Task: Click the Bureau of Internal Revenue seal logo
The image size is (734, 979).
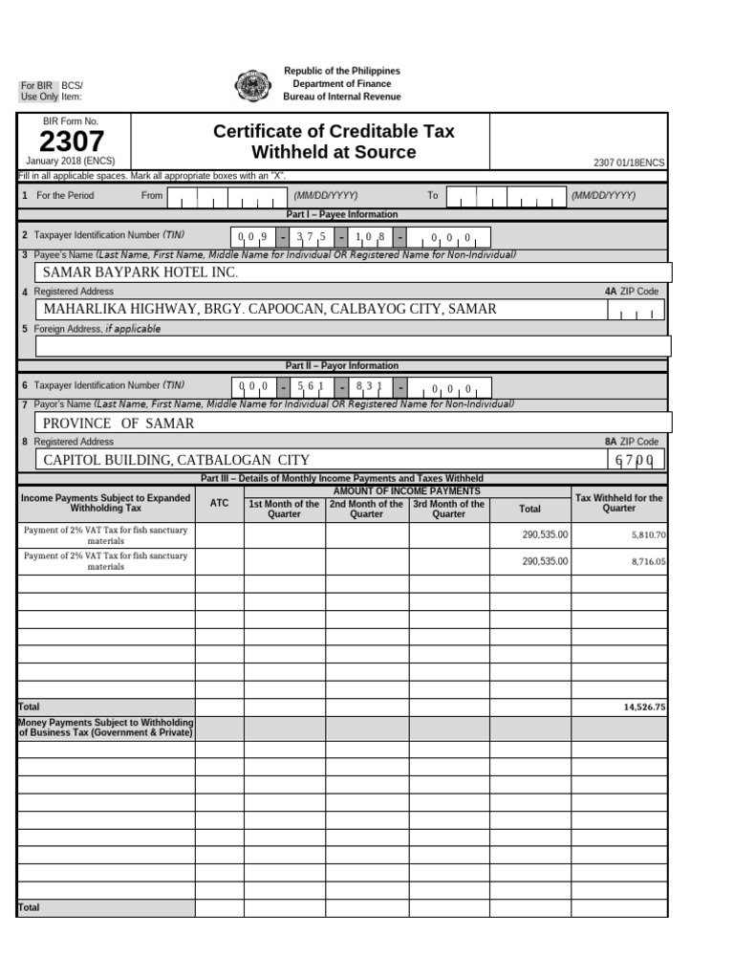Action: pos(253,85)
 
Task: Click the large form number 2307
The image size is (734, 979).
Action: pos(72,142)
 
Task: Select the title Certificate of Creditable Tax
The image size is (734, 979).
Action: pos(334,131)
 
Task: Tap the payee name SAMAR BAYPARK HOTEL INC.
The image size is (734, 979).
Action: pos(140,272)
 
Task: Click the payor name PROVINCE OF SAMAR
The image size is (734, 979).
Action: pos(119,423)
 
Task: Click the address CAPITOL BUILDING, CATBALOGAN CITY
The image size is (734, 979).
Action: pos(177,460)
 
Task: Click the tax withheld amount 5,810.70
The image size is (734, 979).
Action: pos(648,535)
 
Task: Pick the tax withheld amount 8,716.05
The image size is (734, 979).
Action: pos(648,561)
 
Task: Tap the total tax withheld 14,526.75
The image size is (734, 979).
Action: pos(643,707)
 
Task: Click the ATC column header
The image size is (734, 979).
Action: pos(219,503)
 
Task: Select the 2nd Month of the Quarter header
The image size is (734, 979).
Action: pos(366,509)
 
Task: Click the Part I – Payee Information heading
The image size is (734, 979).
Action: pos(342,214)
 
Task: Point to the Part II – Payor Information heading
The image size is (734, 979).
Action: pos(342,365)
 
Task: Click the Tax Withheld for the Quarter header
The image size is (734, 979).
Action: pos(618,503)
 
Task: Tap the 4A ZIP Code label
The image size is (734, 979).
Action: pos(631,291)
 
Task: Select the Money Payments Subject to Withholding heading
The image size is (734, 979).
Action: pos(105,728)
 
